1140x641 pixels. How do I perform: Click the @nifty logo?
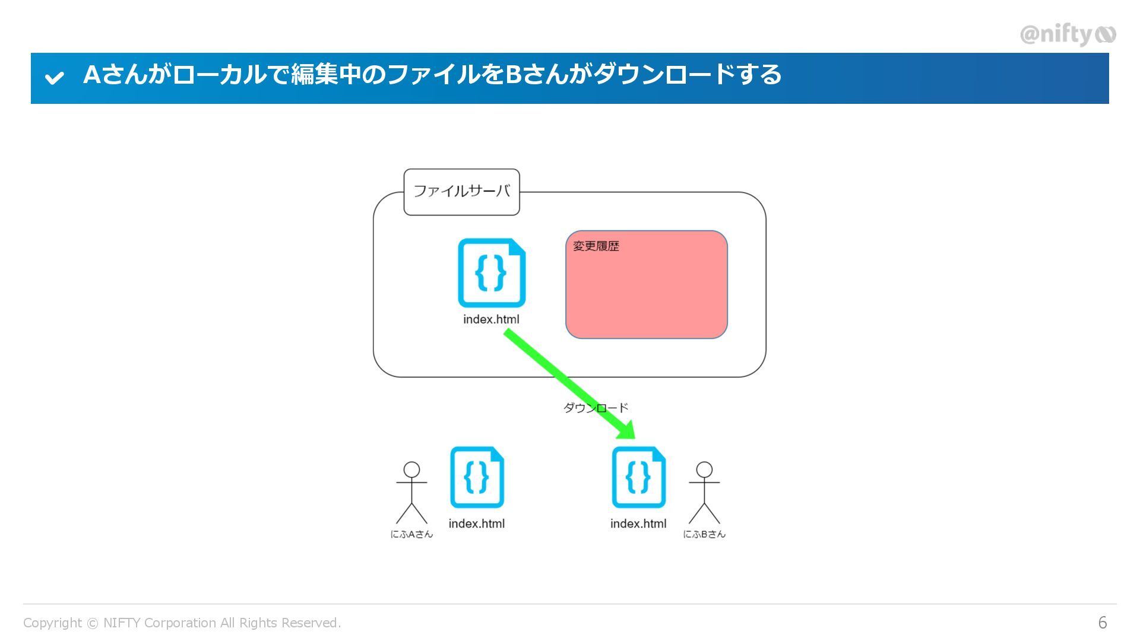coord(1067,34)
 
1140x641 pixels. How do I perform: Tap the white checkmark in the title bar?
coord(55,78)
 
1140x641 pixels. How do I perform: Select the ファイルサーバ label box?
coord(461,192)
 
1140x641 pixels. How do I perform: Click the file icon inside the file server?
coord(492,273)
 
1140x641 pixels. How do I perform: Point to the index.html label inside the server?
coord(491,319)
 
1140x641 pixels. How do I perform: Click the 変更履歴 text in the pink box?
coord(596,246)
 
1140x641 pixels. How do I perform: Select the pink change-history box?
coord(647,291)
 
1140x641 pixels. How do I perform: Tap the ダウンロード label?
coord(596,408)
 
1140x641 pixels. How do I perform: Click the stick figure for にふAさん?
coord(411,493)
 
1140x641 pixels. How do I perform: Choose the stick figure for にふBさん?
coord(704,493)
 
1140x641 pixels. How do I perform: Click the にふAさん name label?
coord(411,534)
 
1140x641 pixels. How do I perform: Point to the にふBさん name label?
coord(704,534)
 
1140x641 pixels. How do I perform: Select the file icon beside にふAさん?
coord(477,477)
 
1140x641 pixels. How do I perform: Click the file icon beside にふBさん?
coord(639,477)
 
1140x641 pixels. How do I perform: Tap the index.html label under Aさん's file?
coord(477,523)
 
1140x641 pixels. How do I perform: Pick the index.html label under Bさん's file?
coord(638,523)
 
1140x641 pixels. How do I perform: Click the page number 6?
coord(1103,623)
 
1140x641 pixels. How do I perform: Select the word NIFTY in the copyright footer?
coord(122,623)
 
